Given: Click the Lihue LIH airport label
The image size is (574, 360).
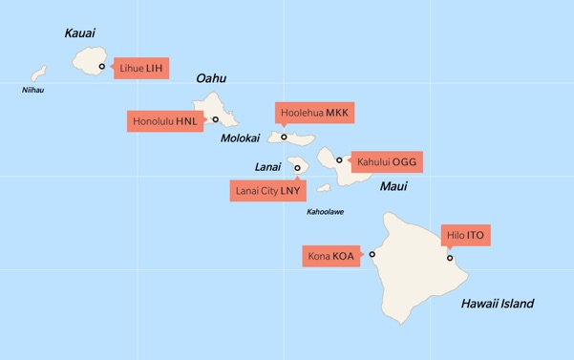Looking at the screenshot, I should [141, 68].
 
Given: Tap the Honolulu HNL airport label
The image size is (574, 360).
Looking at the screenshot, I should [164, 122].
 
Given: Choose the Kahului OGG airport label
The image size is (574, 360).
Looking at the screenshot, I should [386, 161].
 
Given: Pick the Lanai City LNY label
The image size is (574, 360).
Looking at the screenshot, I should [266, 191].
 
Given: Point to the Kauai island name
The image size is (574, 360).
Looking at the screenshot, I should [80, 33].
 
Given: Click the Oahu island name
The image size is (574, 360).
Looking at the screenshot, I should [211, 78].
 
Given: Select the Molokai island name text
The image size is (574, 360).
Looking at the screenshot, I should [240, 138].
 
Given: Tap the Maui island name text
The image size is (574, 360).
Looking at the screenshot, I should [393, 186].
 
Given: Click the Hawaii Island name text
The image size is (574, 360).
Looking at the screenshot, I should [497, 304].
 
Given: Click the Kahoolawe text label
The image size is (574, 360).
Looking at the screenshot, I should [325, 211].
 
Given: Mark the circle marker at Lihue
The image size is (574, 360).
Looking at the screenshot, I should [102, 67].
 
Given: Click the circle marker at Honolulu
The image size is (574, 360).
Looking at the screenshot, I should [216, 119].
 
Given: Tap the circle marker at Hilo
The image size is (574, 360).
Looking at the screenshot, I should [450, 257].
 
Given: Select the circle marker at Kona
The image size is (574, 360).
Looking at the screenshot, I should [372, 255].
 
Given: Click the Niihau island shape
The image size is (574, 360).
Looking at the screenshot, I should [39, 74].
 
